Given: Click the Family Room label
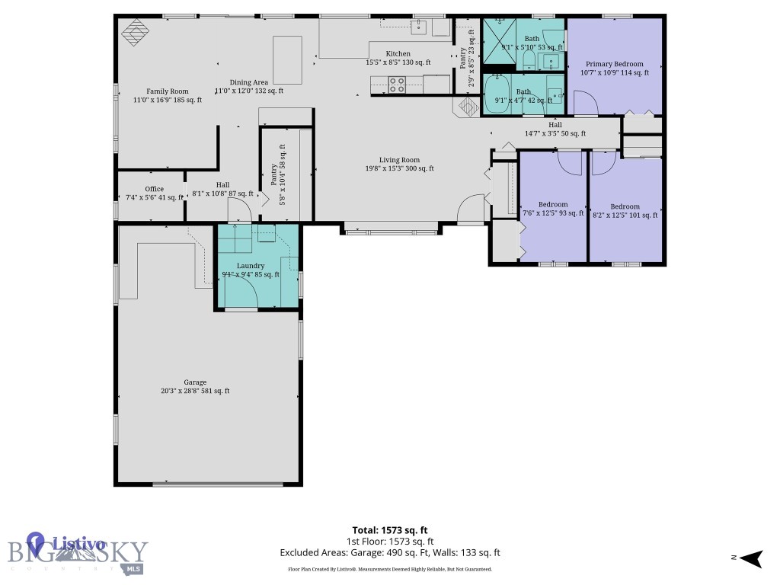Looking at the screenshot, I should [168, 91].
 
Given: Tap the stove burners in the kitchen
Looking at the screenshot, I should [397, 85].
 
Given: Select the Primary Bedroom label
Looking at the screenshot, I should [614, 64].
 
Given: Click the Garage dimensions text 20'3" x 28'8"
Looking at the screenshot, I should [195, 391].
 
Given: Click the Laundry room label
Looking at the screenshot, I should [250, 266].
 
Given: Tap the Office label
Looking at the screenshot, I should [155, 189].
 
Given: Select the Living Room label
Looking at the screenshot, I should [399, 160].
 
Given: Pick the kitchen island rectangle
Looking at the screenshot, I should [287, 59].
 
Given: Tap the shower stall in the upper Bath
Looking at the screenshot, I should [500, 34].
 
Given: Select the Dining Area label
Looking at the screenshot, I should [249, 82].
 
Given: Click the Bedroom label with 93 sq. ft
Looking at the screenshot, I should [553, 204].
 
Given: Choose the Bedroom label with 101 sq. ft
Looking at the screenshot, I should [625, 206].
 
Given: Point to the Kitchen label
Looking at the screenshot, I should [398, 53].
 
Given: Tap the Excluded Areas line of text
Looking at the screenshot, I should [390, 553].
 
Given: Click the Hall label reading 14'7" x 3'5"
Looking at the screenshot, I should [555, 125].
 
